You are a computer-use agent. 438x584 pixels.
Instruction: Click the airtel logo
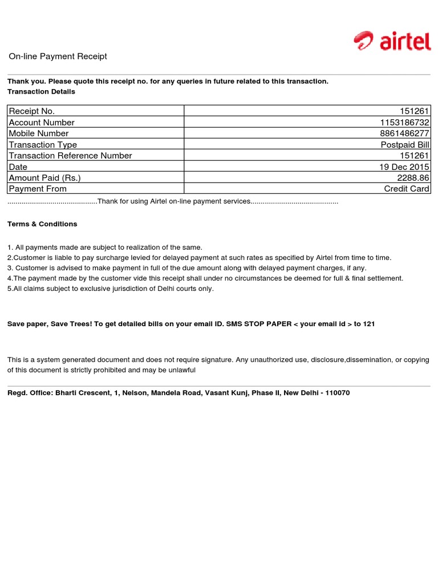[x=391, y=41]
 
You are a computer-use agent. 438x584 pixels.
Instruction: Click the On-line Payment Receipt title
[x=58, y=56]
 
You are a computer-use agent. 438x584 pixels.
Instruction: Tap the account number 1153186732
[x=405, y=123]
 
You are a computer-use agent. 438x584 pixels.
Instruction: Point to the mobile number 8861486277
[x=405, y=133]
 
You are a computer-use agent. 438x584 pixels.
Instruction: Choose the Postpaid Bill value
[x=405, y=145]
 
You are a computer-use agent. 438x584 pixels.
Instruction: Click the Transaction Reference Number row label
[x=70, y=156]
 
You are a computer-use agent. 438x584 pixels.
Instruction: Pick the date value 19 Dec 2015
[x=404, y=167]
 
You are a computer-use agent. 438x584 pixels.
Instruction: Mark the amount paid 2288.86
[x=413, y=178]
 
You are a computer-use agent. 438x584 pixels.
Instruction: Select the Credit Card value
[x=407, y=189]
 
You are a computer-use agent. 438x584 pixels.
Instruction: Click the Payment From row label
[x=38, y=189]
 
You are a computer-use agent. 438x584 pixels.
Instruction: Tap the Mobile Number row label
[x=39, y=133]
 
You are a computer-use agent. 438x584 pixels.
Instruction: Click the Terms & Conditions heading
[x=42, y=224]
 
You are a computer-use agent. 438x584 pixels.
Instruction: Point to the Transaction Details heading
[x=41, y=91]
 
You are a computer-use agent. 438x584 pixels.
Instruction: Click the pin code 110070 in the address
[x=337, y=393]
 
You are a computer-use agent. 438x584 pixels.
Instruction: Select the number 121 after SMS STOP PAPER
[x=369, y=324]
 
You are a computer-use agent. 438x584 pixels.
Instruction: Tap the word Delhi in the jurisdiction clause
[x=155, y=289]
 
